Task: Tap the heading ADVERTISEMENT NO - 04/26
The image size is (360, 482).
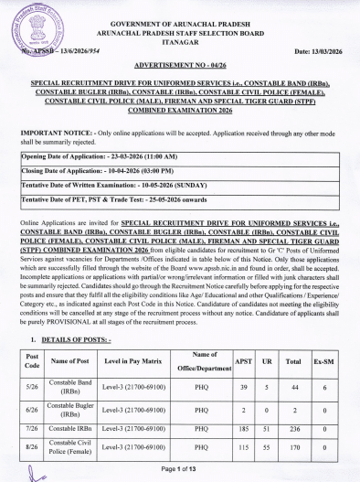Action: [180, 69]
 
